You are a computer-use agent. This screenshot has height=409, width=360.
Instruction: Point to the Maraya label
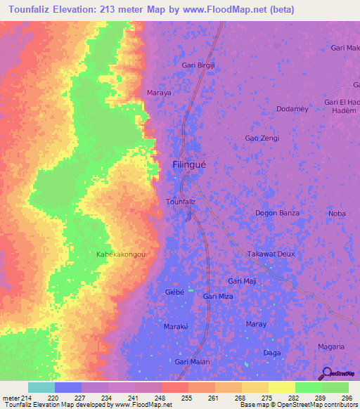[158, 92]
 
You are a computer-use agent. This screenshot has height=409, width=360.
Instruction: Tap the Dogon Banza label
[277, 213]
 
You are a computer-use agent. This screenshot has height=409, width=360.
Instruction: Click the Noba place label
[337, 214]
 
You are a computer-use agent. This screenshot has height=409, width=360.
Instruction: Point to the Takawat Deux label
[271, 254]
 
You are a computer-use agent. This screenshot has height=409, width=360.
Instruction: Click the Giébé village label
[174, 291]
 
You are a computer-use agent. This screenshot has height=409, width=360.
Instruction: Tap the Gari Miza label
[217, 297]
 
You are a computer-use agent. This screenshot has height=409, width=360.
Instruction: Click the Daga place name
[271, 352]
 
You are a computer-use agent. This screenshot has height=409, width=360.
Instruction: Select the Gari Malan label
[192, 361]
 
